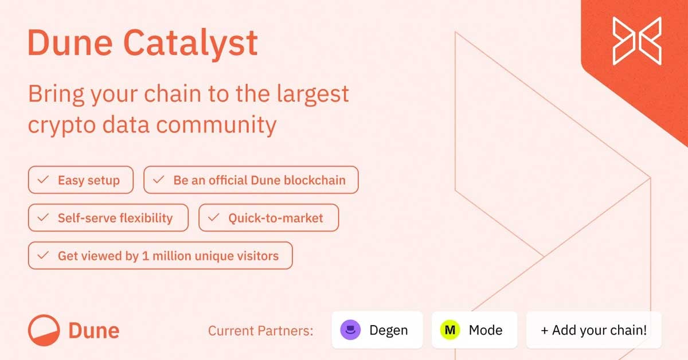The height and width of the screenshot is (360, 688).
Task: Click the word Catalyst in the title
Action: click(190, 44)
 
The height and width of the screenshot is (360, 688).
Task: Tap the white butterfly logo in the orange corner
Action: click(637, 41)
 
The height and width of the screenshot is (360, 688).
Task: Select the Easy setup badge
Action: click(81, 180)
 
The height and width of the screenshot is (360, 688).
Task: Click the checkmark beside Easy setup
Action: click(43, 179)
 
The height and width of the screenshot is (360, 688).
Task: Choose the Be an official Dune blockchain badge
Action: click(251, 180)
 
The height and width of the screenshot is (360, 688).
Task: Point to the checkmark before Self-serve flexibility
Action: click(43, 217)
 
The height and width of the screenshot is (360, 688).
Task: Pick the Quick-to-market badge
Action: click(269, 218)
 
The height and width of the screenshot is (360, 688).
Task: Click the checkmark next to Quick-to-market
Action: click(213, 217)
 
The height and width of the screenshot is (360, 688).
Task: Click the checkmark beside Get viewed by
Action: click(43, 255)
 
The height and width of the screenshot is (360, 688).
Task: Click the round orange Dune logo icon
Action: click(44, 330)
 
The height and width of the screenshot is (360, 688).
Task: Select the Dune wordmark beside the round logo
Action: click(93, 331)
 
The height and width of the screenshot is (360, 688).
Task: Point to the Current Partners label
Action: click(260, 331)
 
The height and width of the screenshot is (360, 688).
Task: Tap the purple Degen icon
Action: click(350, 330)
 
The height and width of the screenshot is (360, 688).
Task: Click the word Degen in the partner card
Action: click(389, 331)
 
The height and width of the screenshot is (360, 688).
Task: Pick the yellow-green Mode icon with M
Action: click(450, 330)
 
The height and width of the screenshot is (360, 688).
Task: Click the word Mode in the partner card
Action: click(486, 330)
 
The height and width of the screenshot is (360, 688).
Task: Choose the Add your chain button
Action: click(594, 330)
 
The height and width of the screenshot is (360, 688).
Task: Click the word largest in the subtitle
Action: click(312, 94)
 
